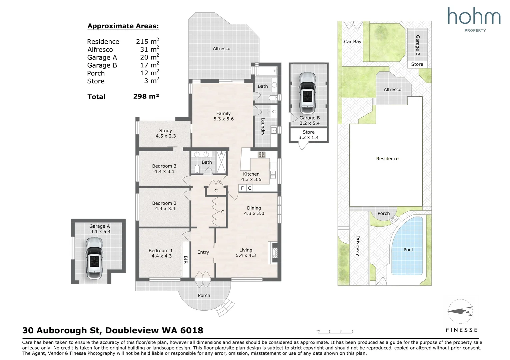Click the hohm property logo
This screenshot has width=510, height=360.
(x=474, y=19)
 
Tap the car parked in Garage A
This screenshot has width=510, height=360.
(x=94, y=258)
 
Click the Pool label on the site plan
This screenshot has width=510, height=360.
(x=408, y=250)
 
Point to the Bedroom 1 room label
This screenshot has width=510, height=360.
(x=161, y=253)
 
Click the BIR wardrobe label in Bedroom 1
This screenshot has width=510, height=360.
(x=185, y=259)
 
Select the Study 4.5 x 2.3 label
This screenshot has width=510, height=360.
(x=165, y=133)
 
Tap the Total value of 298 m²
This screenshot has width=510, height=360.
(x=146, y=96)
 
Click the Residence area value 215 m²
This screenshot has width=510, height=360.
(x=147, y=41)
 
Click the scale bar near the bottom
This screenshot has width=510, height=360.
(x=335, y=331)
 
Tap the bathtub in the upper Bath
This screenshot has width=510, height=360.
(x=266, y=71)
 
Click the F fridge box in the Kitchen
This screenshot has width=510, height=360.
(x=242, y=188)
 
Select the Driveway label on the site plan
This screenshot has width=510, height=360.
(x=358, y=245)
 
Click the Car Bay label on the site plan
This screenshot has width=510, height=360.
(x=353, y=42)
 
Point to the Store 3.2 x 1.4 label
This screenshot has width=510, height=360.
(x=309, y=135)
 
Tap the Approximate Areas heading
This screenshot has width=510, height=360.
(x=123, y=26)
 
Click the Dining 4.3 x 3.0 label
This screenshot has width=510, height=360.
(x=254, y=211)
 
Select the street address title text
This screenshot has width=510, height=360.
(x=113, y=330)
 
